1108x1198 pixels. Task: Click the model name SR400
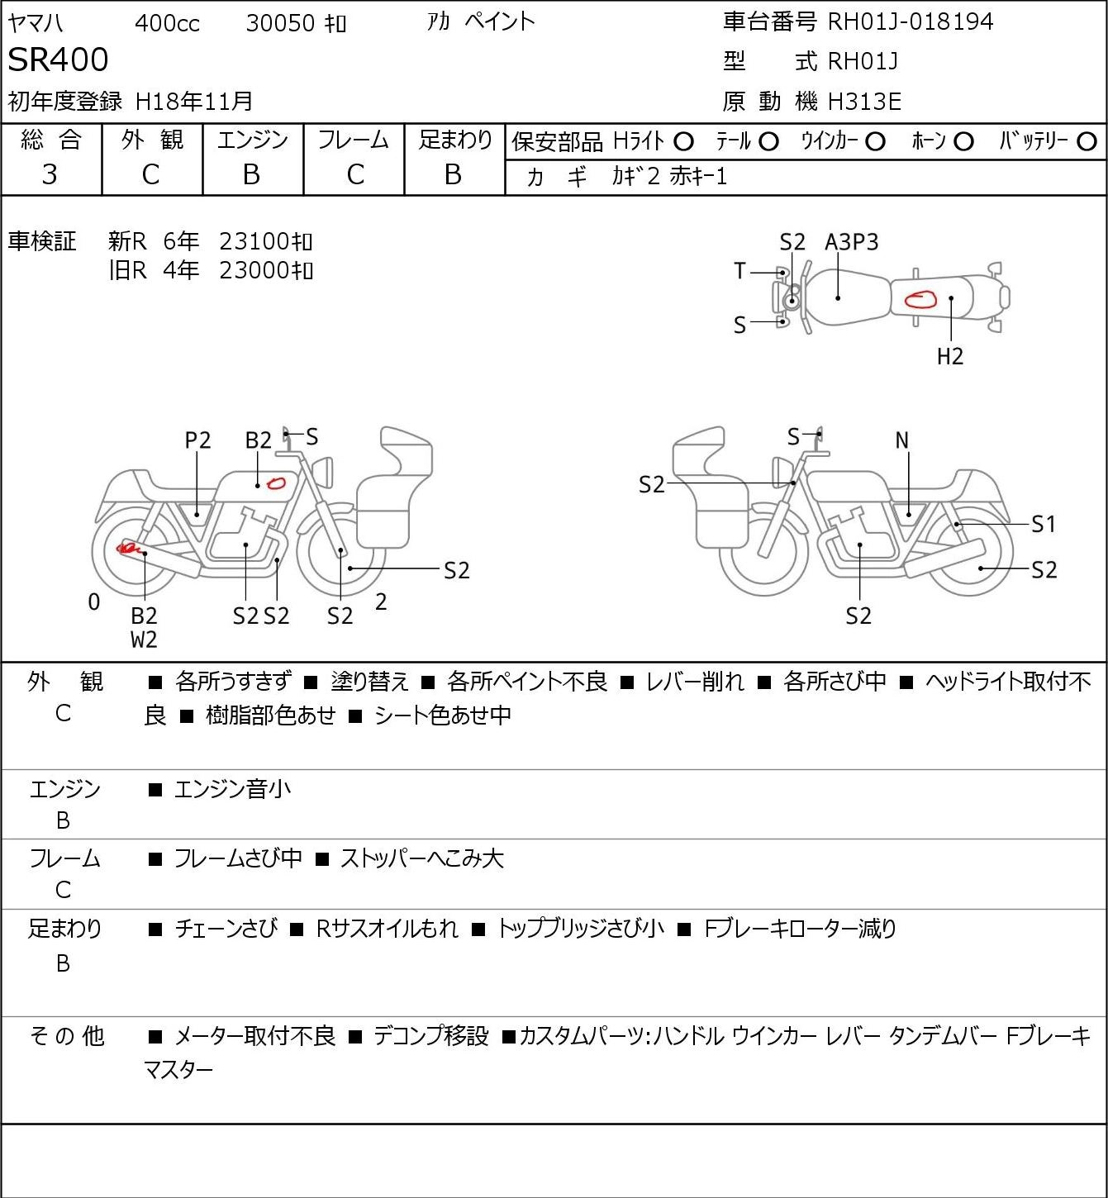(x=58, y=59)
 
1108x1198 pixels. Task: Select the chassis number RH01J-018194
(x=910, y=21)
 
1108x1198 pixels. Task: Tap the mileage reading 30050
(x=280, y=23)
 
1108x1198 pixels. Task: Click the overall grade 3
(x=50, y=175)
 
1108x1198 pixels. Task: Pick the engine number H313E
(x=864, y=102)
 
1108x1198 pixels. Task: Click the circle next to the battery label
(x=1087, y=142)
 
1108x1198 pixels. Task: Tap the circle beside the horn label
(x=963, y=142)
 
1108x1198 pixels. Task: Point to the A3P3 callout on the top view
(x=851, y=242)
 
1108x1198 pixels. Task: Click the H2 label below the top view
(x=950, y=356)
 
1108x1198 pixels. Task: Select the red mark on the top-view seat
(x=920, y=299)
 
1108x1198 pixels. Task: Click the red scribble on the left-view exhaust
(x=129, y=549)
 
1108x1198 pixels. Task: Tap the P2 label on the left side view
(x=198, y=440)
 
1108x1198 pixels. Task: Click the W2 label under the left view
(x=144, y=639)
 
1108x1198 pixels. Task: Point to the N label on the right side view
(x=901, y=440)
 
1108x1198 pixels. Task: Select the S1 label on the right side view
(x=1044, y=524)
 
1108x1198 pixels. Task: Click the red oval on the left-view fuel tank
(x=276, y=483)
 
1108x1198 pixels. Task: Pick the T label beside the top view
(x=739, y=271)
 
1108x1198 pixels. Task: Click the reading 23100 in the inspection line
(x=254, y=241)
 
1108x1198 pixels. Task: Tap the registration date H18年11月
(x=193, y=102)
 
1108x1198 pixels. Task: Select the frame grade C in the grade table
(x=354, y=175)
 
